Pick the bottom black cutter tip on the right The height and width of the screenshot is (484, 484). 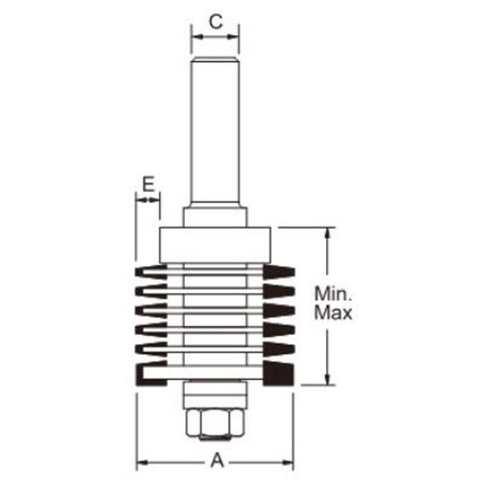284,375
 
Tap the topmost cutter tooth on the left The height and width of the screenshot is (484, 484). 148,269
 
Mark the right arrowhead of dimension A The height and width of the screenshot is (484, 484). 291,461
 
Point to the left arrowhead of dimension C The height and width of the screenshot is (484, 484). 195,37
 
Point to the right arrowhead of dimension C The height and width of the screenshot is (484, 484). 237,37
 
